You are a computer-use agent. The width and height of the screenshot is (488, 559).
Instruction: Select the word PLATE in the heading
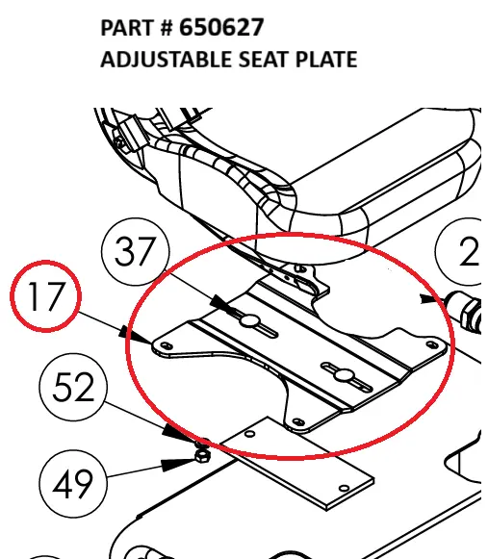click(x=324, y=60)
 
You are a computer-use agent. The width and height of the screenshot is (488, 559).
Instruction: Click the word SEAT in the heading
click(x=260, y=60)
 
